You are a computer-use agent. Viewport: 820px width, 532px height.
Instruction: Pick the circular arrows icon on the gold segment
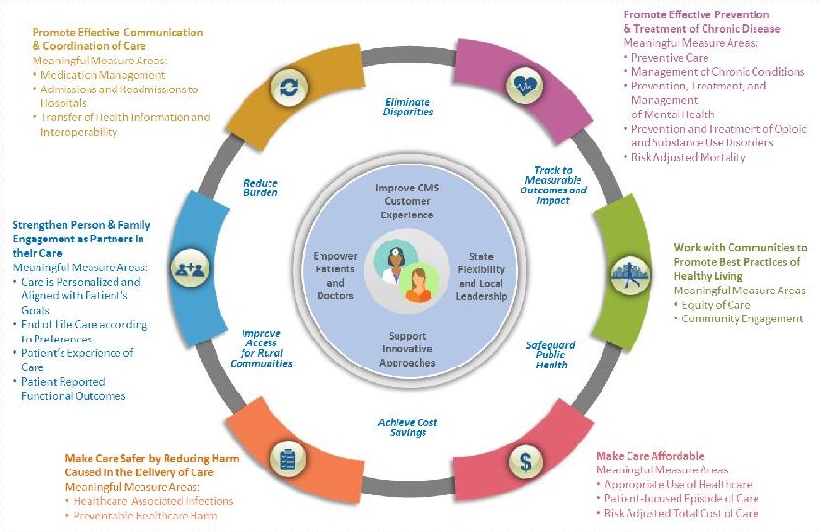pos(288,87)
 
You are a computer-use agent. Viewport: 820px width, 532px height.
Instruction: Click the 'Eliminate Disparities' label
pos(409,106)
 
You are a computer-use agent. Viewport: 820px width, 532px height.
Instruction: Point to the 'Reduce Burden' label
pos(260,186)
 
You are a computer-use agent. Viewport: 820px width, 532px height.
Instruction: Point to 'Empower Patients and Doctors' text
pos(335,276)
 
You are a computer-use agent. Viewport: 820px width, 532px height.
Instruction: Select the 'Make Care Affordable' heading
pos(650,455)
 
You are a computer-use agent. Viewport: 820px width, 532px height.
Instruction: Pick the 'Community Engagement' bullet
pos(742,318)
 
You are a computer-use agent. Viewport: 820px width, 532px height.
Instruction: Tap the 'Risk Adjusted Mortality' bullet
pos(687,156)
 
